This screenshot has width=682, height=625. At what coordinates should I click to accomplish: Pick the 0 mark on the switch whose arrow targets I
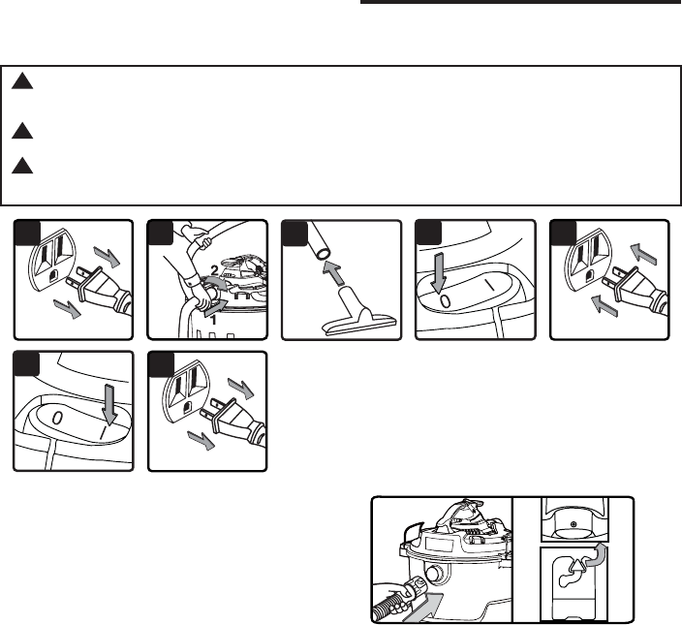pos(58,419)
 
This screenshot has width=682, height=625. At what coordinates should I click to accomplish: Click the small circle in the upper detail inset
pos(573,524)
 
